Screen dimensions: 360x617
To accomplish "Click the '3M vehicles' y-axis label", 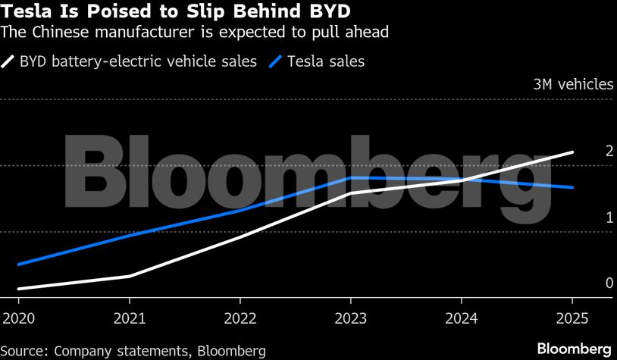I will tap(572, 84).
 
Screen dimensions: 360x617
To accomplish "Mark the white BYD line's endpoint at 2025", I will tap(572, 152).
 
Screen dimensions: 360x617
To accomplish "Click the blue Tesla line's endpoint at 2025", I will tap(572, 187).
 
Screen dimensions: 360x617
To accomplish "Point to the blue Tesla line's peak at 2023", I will tap(351, 177).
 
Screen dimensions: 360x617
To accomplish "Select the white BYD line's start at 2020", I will tap(18, 289).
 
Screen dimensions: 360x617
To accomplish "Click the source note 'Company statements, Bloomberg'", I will tap(133, 350).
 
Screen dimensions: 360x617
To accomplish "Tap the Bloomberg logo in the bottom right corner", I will tap(574, 349).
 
